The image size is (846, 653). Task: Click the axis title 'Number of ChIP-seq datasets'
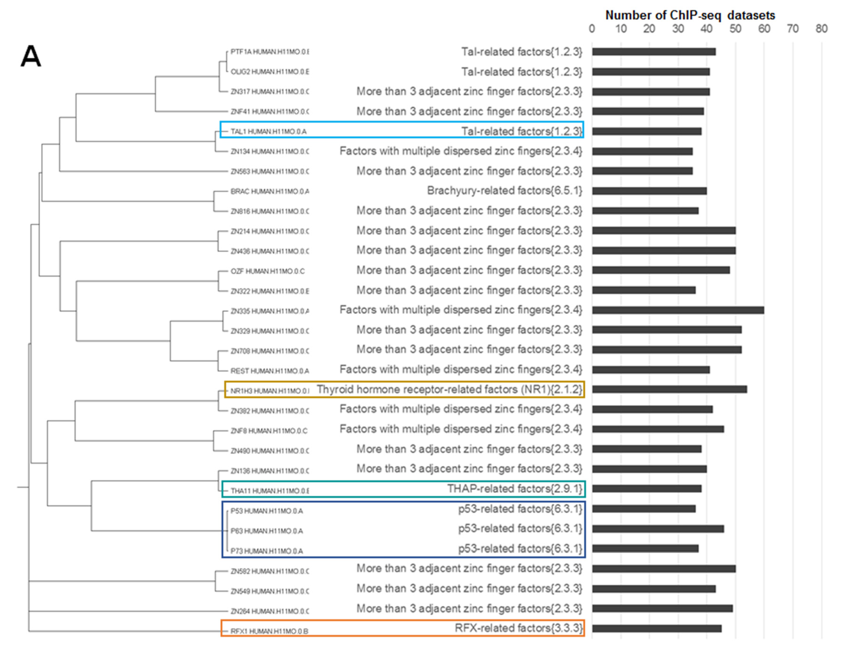(690, 16)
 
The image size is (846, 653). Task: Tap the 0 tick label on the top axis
(592, 29)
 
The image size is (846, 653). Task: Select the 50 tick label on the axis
(735, 29)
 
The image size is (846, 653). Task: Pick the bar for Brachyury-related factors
(649, 191)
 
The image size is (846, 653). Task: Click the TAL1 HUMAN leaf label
(269, 132)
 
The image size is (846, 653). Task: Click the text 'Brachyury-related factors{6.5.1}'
(504, 191)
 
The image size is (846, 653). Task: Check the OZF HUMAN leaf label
(268, 271)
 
